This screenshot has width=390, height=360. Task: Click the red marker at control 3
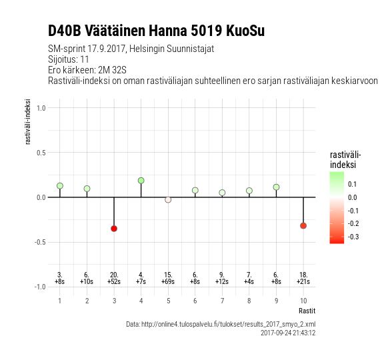[x=114, y=229]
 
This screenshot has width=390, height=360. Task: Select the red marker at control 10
[x=303, y=226]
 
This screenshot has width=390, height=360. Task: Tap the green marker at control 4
[x=141, y=181]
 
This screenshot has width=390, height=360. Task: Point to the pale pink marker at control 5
[x=168, y=200]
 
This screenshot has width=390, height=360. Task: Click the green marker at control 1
[x=60, y=186]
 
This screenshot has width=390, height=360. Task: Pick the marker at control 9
[x=276, y=187]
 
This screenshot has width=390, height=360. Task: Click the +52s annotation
[x=114, y=281]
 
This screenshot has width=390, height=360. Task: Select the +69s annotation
[x=168, y=281]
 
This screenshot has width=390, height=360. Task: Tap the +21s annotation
[x=303, y=281]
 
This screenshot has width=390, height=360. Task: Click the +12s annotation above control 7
[x=222, y=281]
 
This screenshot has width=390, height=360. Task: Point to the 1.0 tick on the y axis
[x=41, y=108]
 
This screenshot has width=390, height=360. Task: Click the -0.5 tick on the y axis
[x=40, y=242]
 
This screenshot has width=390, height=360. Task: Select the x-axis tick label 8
[x=249, y=301]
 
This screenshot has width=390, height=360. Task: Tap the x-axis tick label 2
[x=87, y=301]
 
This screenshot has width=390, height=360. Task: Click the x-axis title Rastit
[x=307, y=311]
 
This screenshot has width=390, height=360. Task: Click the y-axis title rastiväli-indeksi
[x=27, y=121]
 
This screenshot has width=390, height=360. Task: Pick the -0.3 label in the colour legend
[x=353, y=237]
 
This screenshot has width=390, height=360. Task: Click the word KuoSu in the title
[x=245, y=31]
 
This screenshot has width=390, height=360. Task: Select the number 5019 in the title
[x=207, y=31]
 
